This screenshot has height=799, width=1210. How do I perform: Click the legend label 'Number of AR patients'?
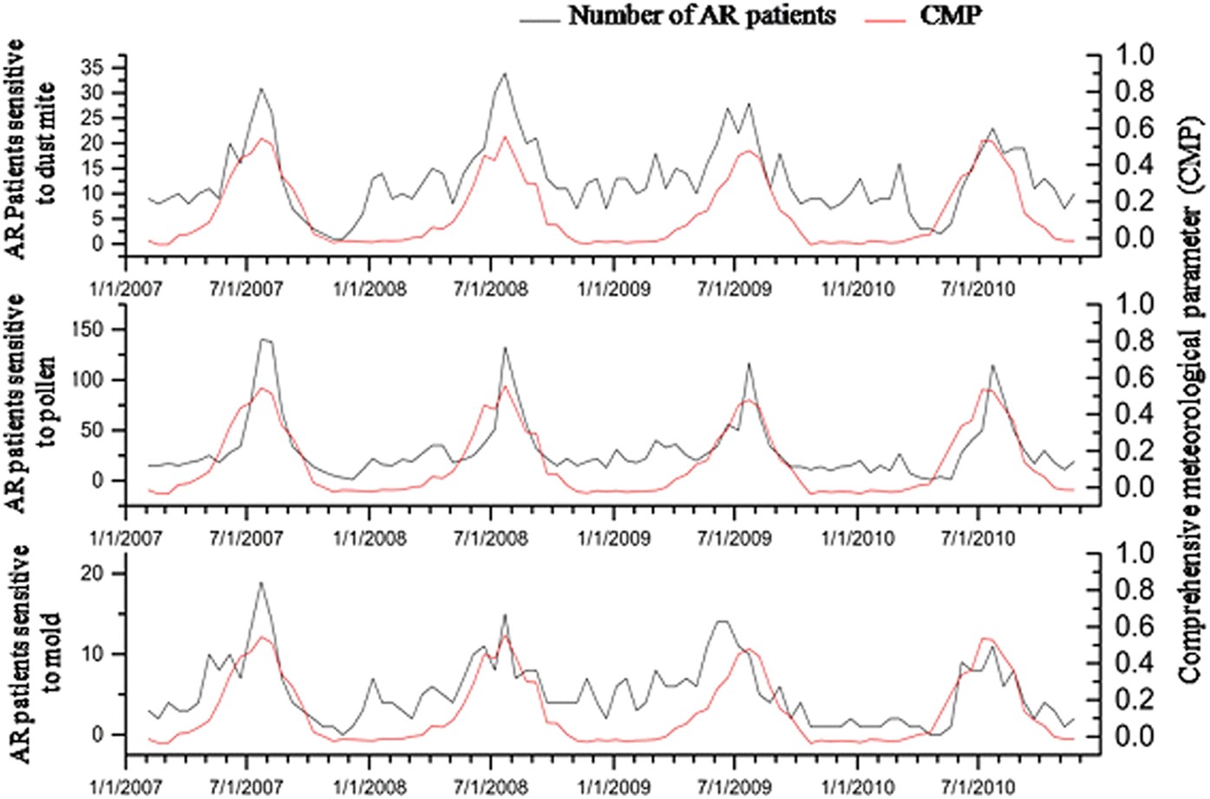[x=702, y=15]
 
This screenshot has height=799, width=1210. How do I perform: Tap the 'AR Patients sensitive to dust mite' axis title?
[x=33, y=147]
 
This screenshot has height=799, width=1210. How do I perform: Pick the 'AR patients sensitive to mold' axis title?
[x=33, y=655]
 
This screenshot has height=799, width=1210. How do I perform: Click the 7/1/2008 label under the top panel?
[x=490, y=288]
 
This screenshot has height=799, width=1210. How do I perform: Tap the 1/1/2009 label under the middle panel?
[x=613, y=538]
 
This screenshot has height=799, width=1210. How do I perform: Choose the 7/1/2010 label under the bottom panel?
[x=978, y=786]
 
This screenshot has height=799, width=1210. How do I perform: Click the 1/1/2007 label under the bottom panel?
[x=126, y=786]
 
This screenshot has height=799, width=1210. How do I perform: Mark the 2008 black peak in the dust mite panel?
[x=504, y=74]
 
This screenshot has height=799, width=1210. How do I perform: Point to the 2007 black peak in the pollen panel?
[x=263, y=339]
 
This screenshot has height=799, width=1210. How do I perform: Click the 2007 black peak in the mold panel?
[x=260, y=583]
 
